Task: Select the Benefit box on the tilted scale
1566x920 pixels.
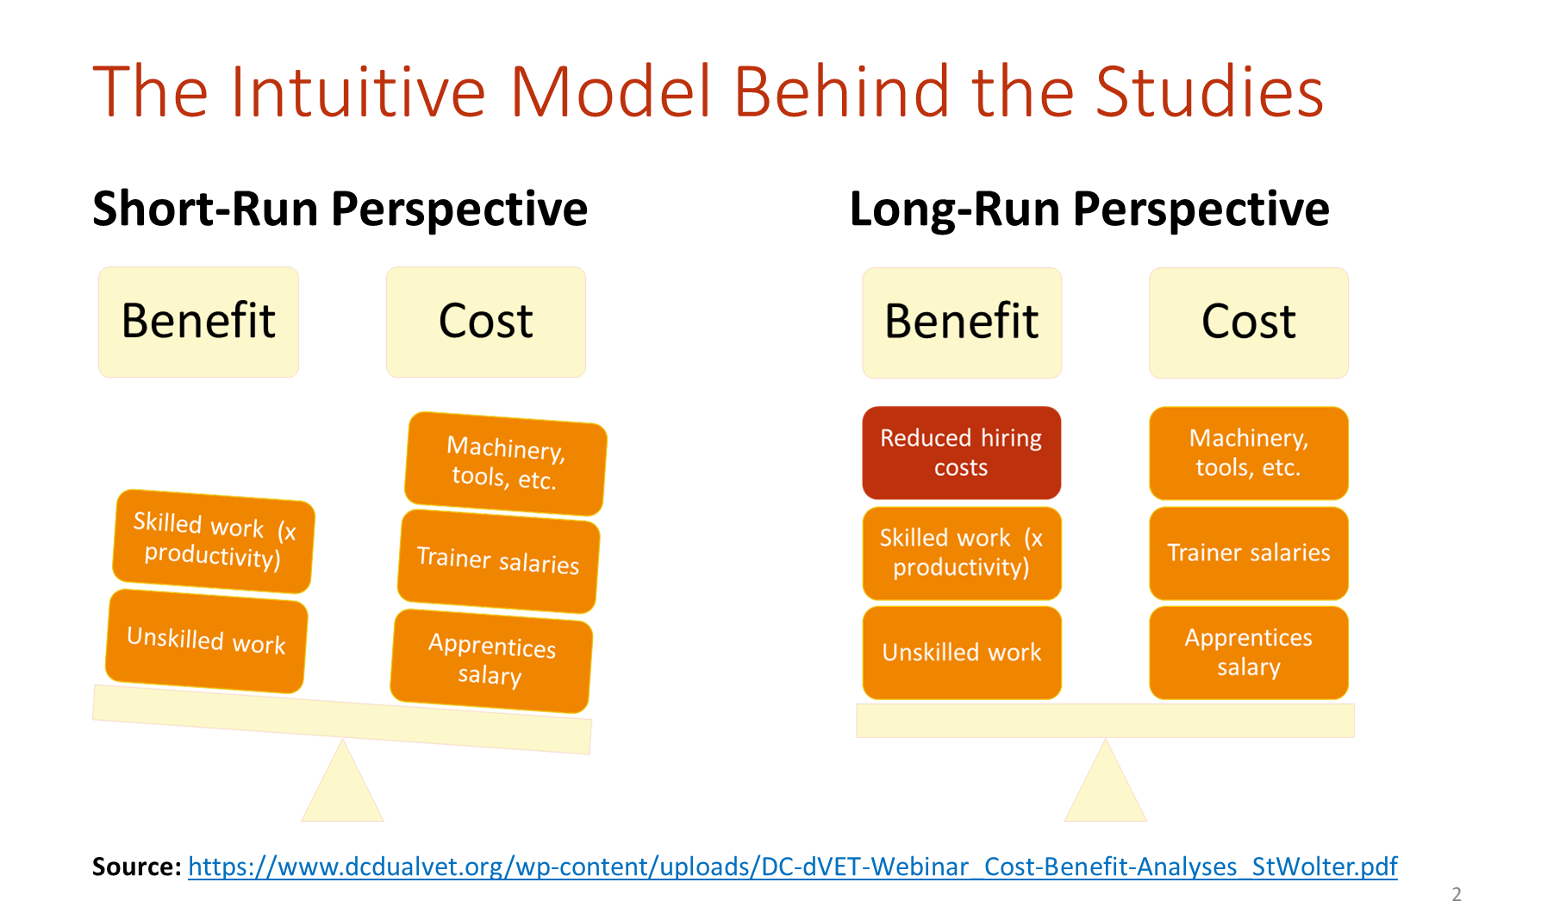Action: [198, 322]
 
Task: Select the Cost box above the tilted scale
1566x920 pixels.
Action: [486, 322]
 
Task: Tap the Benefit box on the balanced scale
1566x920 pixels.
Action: [962, 322]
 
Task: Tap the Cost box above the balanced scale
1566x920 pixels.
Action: [1249, 322]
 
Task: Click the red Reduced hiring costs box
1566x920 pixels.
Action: [961, 453]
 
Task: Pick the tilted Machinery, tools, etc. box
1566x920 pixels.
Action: [506, 463]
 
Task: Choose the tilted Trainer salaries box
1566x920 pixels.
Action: [498, 560]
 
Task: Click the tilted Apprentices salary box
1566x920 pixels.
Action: [491, 660]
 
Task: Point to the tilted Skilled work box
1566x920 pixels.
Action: [213, 541]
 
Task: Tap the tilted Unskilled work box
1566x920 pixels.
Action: [206, 641]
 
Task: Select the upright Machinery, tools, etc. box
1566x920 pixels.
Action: [1249, 453]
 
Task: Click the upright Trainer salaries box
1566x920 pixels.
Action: [1249, 553]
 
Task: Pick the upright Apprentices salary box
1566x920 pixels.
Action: [1249, 652]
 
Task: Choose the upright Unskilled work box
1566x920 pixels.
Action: [962, 652]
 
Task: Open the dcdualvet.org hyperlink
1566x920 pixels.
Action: [793, 866]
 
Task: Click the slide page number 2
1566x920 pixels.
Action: [1457, 894]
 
